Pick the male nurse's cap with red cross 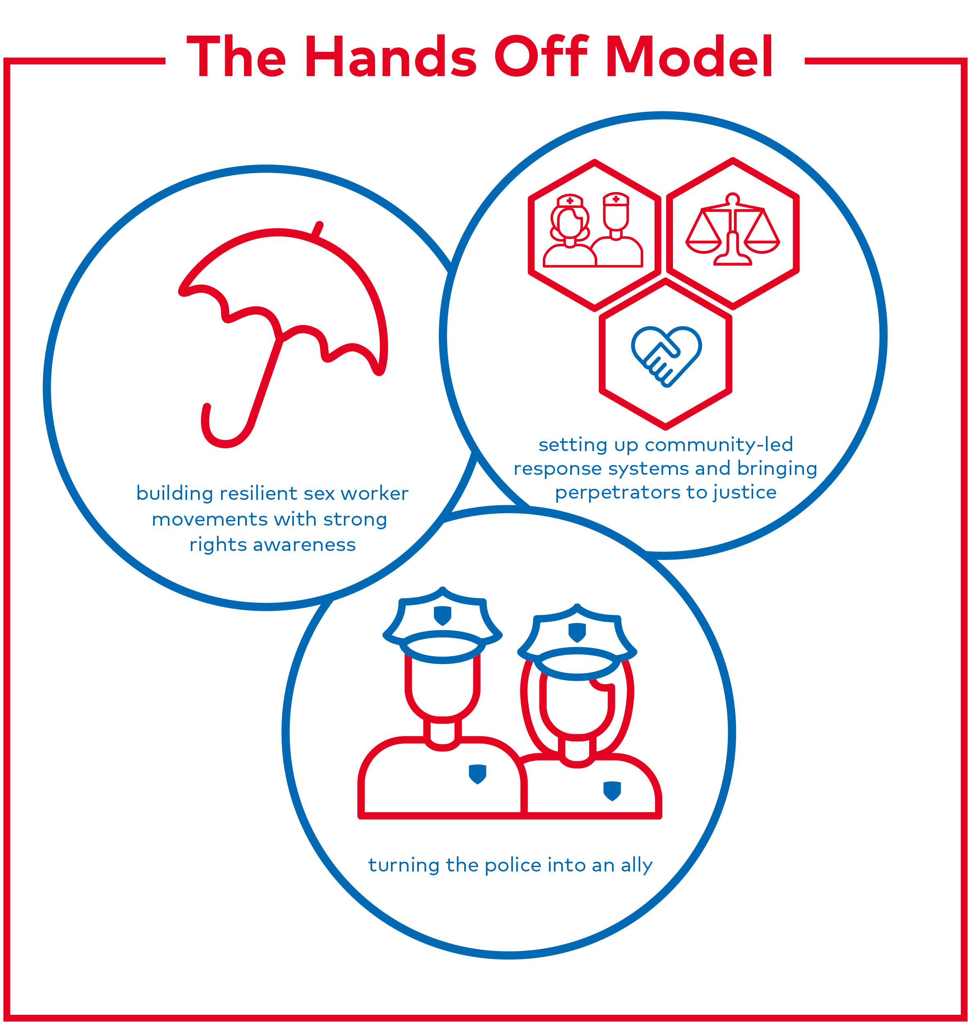click(616, 199)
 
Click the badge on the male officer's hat click(443, 615)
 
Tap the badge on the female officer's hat click(577, 632)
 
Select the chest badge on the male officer click(477, 774)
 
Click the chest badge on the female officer click(612, 790)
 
